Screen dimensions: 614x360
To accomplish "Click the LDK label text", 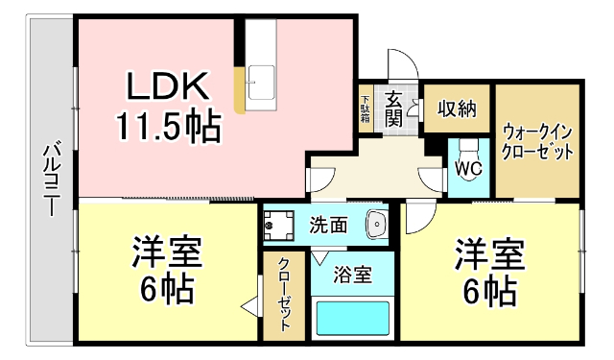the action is tap(169, 87).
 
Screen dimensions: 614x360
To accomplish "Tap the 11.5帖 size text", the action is tap(169, 125).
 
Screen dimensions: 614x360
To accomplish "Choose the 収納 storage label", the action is tap(458, 108).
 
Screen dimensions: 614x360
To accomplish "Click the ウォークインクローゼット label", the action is tap(538, 141).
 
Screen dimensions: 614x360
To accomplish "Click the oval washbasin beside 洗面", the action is tap(376, 226).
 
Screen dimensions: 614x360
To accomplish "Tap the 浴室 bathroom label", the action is tap(350, 275).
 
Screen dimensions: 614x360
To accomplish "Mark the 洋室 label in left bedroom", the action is tap(166, 254).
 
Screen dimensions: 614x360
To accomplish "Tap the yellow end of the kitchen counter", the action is tap(240, 97).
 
